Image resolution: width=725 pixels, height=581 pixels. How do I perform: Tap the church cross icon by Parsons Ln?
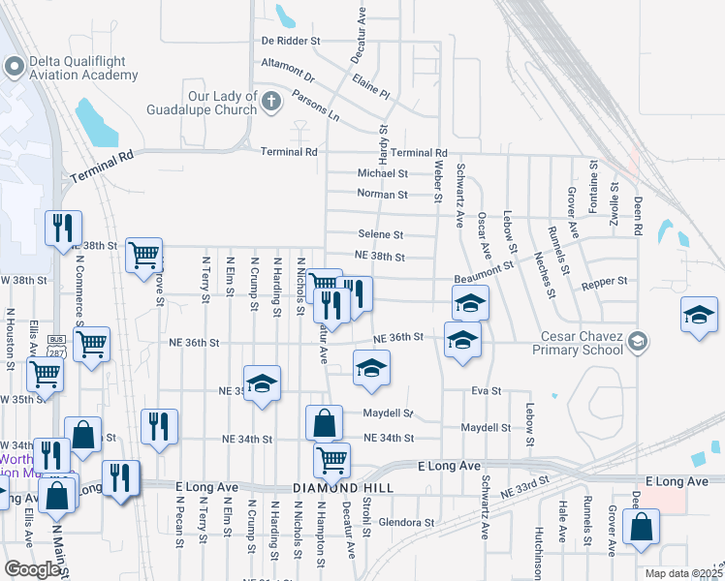tap(271, 100)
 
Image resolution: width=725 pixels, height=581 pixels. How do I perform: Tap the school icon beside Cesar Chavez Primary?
tap(638, 340)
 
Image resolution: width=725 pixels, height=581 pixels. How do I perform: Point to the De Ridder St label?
tap(291, 42)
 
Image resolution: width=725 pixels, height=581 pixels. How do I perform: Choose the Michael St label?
tap(382, 173)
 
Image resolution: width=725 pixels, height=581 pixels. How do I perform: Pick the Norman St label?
tap(382, 195)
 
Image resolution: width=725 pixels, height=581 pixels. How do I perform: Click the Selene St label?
tap(380, 234)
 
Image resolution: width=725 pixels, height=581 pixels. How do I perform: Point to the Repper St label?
tap(605, 281)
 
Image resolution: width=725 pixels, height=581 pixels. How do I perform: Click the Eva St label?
tap(486, 391)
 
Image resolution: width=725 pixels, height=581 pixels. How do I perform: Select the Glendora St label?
tap(407, 523)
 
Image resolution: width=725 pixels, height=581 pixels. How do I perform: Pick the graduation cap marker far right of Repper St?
tap(698, 316)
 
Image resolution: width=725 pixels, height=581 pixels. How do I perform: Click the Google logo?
tap(33, 569)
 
